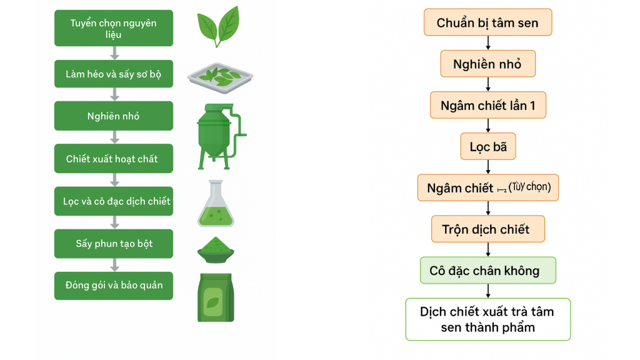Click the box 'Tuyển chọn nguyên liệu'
click(x=113, y=29)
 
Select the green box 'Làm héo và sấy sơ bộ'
click(x=113, y=74)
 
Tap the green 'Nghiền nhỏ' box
click(x=113, y=116)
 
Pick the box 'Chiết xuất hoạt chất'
click(x=113, y=159)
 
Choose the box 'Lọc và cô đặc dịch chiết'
click(x=113, y=201)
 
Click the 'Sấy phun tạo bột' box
click(x=113, y=244)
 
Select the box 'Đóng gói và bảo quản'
click(x=113, y=286)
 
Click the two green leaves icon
click(x=217, y=26)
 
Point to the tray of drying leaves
click(x=220, y=77)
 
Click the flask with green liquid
click(x=215, y=204)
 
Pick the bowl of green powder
click(x=216, y=250)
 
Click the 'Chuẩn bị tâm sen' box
click(x=487, y=23)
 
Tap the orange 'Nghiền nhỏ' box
click(x=487, y=64)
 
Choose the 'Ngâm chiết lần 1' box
click(x=487, y=106)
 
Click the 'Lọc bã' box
click(x=488, y=147)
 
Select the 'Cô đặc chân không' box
click(x=487, y=271)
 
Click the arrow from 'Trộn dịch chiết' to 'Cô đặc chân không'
click(x=487, y=249)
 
